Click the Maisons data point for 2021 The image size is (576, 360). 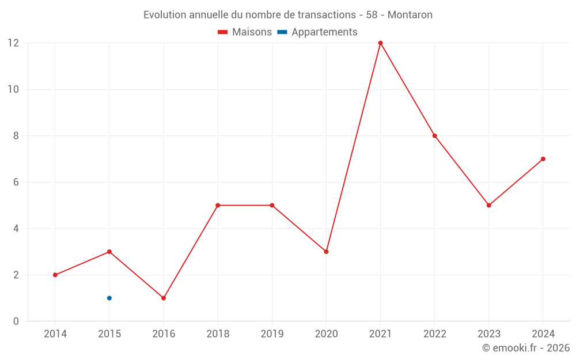(380, 43)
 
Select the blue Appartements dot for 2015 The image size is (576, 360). (109, 298)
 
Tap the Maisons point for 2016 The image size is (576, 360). (164, 298)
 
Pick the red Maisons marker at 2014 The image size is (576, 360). (55, 275)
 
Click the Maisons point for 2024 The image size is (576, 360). (543, 159)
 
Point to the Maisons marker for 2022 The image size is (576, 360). (434, 136)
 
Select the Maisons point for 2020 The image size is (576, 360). (326, 252)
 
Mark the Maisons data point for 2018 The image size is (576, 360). (218, 205)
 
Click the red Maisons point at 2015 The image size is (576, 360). (109, 252)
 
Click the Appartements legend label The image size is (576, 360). (324, 32)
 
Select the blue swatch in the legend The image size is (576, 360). (282, 32)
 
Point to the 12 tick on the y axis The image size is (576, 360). (13, 43)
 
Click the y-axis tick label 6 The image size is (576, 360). (16, 182)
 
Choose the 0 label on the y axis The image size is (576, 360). (16, 321)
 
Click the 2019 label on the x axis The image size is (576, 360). (272, 334)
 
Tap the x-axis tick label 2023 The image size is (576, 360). (488, 334)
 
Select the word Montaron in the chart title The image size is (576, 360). (410, 14)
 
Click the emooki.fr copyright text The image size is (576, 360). (526, 348)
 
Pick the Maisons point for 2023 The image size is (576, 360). (488, 205)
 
